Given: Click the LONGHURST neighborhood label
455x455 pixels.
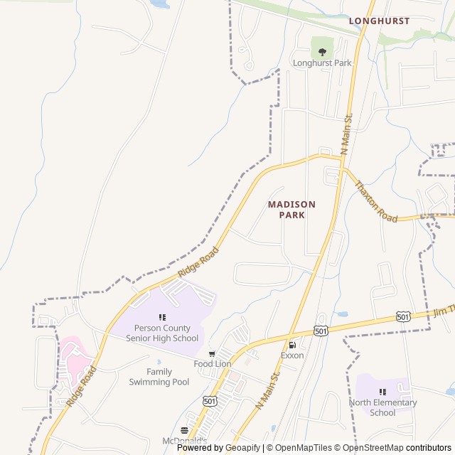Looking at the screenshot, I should point(379,21).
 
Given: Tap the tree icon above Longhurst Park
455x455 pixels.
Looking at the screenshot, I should point(322,51).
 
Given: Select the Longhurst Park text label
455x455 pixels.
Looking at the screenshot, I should point(322,63).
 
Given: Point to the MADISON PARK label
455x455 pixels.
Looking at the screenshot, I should point(291,209).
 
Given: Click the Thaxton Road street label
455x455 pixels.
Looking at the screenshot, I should point(376,200).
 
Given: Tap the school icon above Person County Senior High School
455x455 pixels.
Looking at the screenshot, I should point(162,317).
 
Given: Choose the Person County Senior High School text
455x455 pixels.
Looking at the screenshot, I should point(162,333).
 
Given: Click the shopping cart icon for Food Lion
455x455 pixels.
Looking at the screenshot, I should point(212,353).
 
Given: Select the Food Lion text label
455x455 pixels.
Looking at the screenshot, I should point(213,363).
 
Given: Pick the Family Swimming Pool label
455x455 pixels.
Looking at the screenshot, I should point(159,377).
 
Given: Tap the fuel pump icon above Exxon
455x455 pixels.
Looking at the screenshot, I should point(291,345).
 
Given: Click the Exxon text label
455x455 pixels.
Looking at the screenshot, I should point(291,355).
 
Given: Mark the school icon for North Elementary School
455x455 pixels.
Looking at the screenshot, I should point(382,392).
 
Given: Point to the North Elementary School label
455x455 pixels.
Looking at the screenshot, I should point(382,407).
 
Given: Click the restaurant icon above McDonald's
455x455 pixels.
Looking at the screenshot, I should point(185,430).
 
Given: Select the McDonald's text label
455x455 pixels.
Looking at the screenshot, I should point(184,441).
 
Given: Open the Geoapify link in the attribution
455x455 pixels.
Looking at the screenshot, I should point(243,448).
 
